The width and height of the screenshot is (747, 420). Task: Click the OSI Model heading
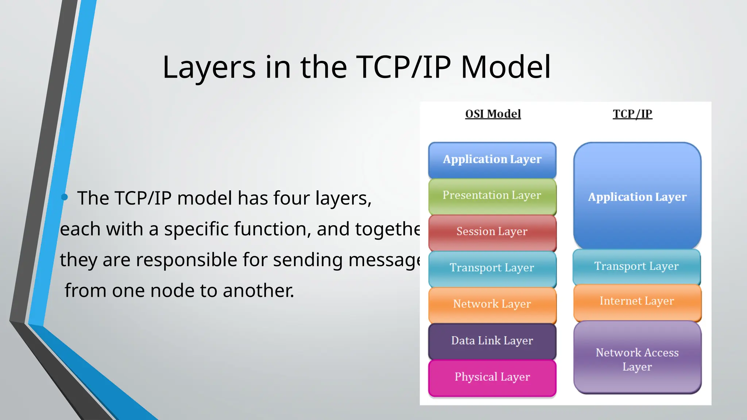click(x=493, y=114)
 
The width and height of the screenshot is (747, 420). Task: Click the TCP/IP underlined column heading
click(x=632, y=114)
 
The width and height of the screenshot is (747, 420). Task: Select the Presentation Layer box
click(x=492, y=196)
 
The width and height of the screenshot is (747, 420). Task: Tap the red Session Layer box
click(x=492, y=232)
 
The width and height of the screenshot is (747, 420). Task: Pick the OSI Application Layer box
click(x=492, y=160)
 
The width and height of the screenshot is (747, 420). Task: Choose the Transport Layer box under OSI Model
click(x=492, y=268)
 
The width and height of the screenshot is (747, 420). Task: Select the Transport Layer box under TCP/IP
click(x=636, y=267)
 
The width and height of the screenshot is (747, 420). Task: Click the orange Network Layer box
click(x=492, y=304)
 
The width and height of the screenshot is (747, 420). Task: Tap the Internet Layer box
click(x=637, y=302)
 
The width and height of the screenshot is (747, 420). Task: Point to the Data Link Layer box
click(x=492, y=341)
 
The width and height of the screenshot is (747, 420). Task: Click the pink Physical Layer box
click(x=492, y=377)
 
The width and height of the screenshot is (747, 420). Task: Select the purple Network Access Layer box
click(x=637, y=359)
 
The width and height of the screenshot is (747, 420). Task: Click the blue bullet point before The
click(x=65, y=197)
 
